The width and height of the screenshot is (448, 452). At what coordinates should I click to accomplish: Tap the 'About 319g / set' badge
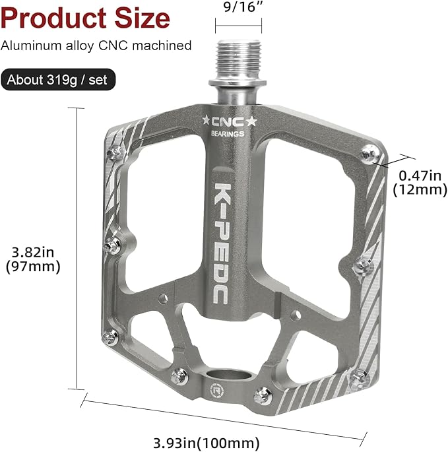[58, 81]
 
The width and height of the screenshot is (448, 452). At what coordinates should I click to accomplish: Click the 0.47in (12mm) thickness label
[420, 181]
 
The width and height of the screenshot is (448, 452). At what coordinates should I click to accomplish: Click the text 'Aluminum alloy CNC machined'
[96, 46]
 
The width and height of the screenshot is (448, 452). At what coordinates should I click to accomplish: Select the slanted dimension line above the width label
[224, 416]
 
